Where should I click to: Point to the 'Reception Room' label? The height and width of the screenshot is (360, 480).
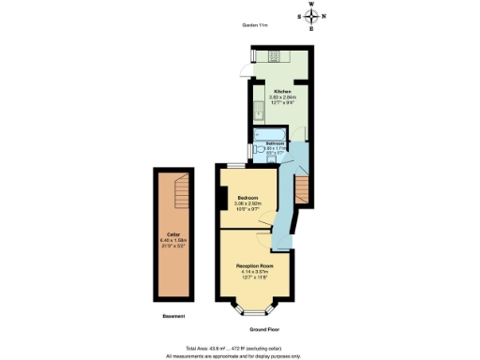coord(254,265)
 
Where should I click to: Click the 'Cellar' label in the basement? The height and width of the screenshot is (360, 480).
coord(173,234)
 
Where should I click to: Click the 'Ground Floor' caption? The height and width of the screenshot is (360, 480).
coord(265,330)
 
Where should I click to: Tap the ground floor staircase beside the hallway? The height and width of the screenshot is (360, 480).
coord(301,191)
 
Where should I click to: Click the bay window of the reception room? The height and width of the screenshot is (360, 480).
coord(254,307)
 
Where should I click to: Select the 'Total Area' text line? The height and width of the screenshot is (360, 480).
coord(239,348)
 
